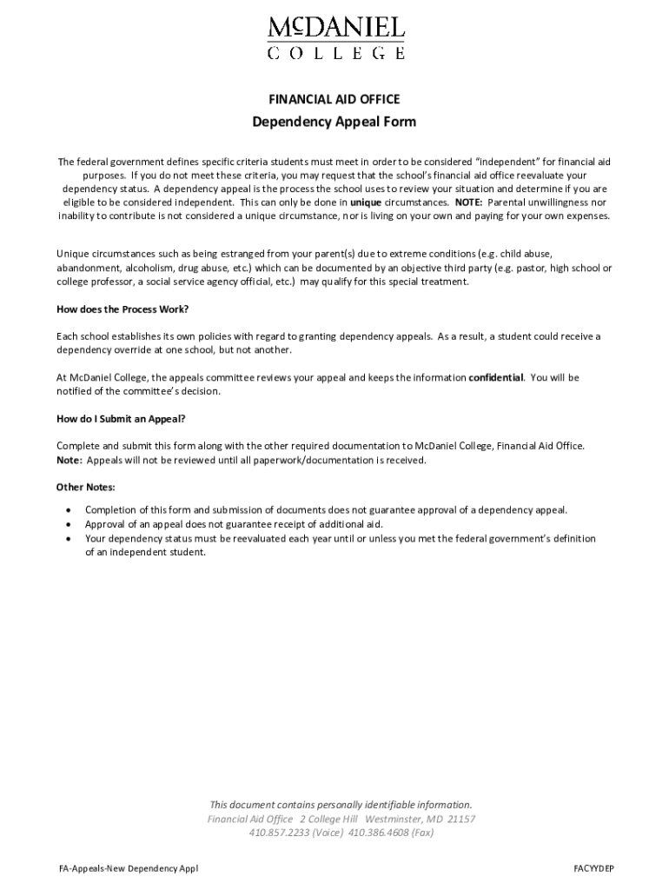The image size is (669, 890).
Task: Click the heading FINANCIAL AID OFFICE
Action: pos(334,99)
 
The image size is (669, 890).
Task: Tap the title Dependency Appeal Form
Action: pos(334,122)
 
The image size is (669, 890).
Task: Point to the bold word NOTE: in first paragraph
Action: pos(468,202)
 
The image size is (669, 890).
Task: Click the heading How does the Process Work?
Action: pos(123,309)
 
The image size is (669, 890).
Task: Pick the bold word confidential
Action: pos(496,378)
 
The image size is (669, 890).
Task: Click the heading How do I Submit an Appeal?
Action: pos(121,418)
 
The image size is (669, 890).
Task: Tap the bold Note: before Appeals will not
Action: pos(70,461)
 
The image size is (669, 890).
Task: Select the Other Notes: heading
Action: pos(86,487)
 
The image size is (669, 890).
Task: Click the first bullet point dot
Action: pos(68,510)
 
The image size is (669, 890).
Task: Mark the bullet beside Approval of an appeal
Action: pos(68,525)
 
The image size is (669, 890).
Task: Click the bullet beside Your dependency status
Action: pos(68,539)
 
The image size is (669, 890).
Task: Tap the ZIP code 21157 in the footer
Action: pos(460,819)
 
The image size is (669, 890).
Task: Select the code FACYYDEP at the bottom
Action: pos(593,868)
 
